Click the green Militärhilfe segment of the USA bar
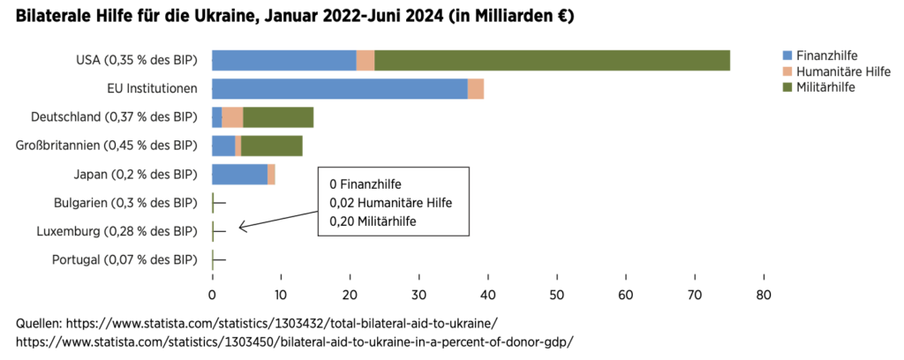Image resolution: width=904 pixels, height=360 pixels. (553, 61)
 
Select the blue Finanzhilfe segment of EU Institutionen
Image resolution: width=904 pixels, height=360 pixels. (340, 89)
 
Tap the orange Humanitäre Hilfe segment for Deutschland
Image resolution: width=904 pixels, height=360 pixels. (232, 117)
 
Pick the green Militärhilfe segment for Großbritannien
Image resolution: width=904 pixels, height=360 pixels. (272, 146)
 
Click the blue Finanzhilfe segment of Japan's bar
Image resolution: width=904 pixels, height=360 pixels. (240, 174)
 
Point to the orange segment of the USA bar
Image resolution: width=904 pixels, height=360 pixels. (365, 61)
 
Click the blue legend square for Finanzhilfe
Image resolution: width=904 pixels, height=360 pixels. (787, 56)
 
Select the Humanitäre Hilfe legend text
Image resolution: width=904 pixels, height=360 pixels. (844, 72)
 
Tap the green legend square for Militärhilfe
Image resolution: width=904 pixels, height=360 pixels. (787, 87)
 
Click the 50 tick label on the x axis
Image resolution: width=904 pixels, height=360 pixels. (557, 295)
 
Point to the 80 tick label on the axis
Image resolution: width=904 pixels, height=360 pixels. (764, 295)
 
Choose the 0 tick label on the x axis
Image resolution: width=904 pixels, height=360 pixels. (212, 295)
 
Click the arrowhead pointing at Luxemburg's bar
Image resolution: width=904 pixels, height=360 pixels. (242, 228)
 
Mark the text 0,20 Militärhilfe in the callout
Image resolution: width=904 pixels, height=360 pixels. (372, 220)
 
